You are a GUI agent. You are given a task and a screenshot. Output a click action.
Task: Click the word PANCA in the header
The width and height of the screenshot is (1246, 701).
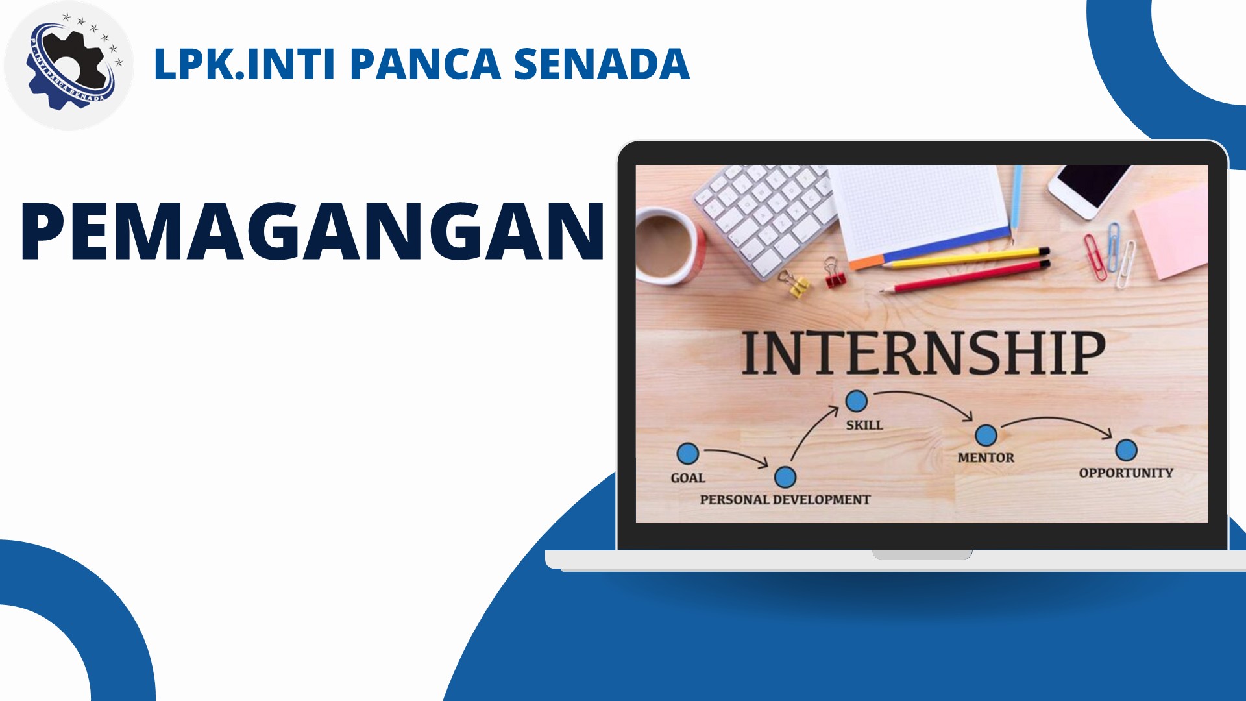425,64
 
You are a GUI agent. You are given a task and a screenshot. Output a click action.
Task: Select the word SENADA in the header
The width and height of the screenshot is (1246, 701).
602,64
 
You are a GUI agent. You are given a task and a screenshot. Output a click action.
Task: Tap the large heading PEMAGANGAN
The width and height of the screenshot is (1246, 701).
313,231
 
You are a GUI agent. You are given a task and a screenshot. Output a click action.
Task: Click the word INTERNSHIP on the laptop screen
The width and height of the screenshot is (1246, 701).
923,352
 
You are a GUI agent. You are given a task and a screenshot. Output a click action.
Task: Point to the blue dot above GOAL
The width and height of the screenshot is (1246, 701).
688,453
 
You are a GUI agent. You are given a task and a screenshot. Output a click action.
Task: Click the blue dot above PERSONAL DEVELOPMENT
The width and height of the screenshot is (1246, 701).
785,477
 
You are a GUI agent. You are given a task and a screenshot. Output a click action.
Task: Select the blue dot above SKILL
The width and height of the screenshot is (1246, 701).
857,401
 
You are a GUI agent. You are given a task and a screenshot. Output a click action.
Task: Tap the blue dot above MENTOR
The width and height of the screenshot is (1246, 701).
986,435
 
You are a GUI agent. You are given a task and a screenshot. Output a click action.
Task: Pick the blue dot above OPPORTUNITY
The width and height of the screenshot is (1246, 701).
1126,450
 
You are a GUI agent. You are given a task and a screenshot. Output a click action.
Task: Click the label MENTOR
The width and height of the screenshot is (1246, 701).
986,458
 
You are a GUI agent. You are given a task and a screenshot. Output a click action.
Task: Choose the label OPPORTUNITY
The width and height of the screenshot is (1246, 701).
1126,473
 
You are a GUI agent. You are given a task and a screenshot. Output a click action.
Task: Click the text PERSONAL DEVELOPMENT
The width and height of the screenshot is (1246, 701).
785,500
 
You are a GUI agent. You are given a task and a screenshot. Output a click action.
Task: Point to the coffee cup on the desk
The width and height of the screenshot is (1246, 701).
668,245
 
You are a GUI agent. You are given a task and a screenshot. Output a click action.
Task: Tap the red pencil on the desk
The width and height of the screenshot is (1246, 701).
966,277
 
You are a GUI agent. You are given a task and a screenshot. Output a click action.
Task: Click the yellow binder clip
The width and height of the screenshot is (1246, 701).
796,284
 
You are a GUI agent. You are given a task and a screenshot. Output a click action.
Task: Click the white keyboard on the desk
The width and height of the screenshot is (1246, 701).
766,217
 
